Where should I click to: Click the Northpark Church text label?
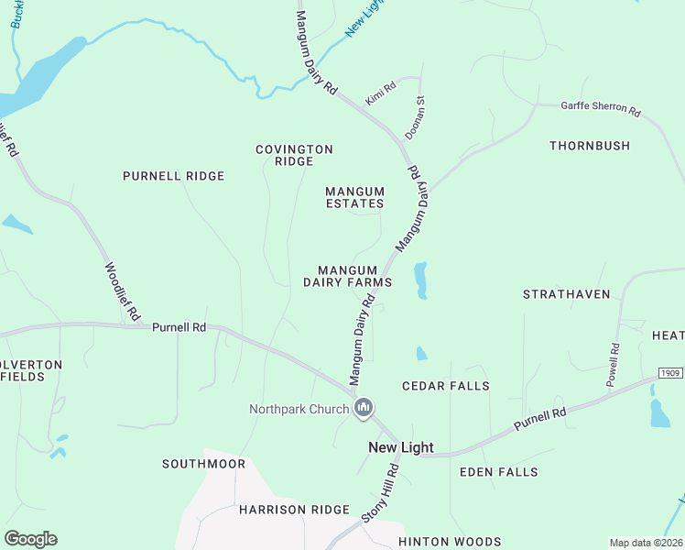[x=299, y=409]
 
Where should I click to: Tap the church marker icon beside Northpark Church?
[x=364, y=408]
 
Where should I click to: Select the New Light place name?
[x=400, y=447]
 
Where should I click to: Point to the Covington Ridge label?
[x=294, y=155]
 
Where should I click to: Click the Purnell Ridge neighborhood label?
[x=174, y=176]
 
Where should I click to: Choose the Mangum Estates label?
[x=355, y=197]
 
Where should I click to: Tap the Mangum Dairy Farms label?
[x=348, y=276]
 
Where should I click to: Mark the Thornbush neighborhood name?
[x=590, y=146]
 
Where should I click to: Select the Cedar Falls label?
[x=446, y=386]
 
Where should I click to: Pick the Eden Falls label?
[x=499, y=471]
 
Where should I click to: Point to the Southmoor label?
[x=204, y=464]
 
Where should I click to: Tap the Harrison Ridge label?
[x=294, y=509]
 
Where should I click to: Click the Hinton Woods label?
[x=450, y=542]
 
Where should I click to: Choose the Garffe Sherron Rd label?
[x=600, y=108]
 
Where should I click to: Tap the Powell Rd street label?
[x=614, y=364]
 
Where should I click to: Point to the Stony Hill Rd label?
[x=379, y=493]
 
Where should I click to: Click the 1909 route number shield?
[x=670, y=373]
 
